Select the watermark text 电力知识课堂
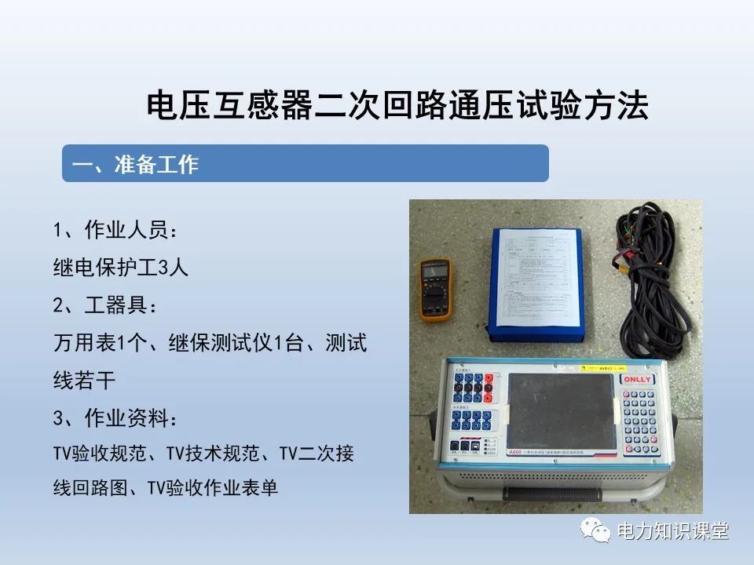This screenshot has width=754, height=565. pos(673,531)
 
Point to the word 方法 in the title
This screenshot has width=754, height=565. pos(623,106)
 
